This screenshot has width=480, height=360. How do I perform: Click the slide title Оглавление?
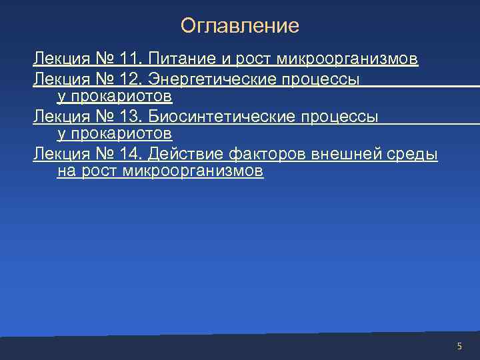[240, 26]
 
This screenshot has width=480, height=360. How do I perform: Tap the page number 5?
[459, 346]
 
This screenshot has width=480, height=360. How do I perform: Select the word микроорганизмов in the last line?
[193, 171]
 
